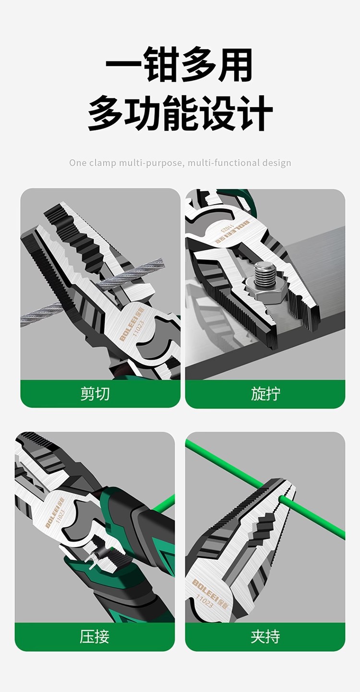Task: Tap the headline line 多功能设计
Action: pos(180,114)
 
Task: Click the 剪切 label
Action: pos(95,394)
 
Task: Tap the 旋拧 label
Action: pos(265,394)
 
